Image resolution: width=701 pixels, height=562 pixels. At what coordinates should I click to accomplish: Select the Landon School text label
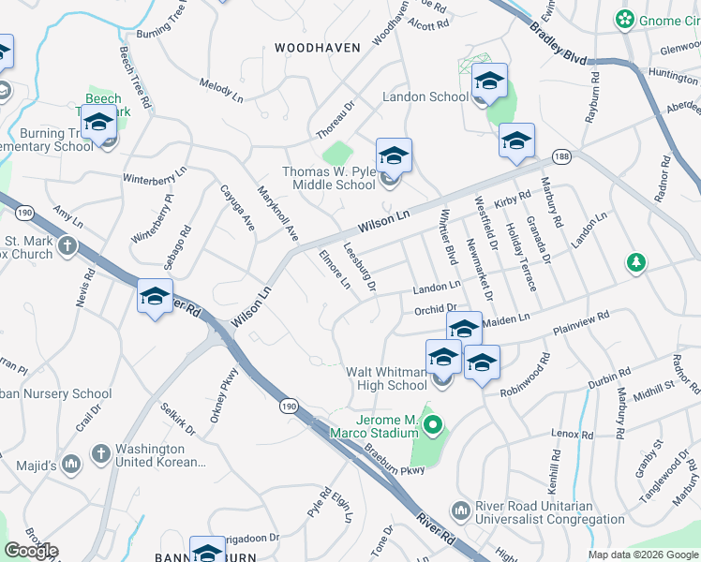point(425,96)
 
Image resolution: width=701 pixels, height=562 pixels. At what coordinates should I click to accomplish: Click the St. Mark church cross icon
point(67,246)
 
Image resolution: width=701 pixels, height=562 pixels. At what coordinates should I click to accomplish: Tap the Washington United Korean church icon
point(100,454)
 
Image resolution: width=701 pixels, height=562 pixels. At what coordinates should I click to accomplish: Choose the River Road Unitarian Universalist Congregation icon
point(459,510)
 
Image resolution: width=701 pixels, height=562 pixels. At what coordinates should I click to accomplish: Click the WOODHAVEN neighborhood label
point(318,47)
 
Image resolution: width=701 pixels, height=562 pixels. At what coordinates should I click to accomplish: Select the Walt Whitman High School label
point(386,378)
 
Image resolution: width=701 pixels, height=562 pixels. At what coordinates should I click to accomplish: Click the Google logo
point(31,551)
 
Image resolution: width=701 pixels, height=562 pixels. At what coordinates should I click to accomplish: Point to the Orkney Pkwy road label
point(225,400)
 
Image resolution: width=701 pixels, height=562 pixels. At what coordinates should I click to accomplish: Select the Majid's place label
point(36,466)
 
